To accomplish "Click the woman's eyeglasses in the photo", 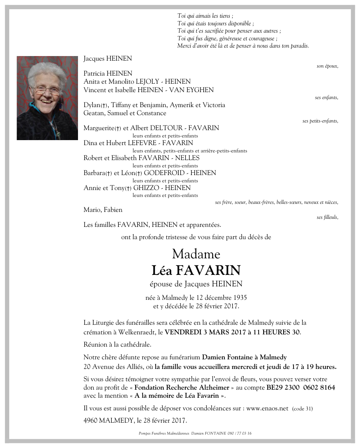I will pos(46,90).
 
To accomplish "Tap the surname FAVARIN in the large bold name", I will pos(208,271).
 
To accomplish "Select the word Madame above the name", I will pos(196,254).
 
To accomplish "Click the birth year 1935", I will pos(238,298).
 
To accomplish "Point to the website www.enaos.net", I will pos(267,408).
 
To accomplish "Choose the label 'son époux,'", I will pos(327,66).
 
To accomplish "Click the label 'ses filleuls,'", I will pos(327,217).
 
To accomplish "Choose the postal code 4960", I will pos(90,420).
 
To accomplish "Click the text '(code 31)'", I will pos(302,409).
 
